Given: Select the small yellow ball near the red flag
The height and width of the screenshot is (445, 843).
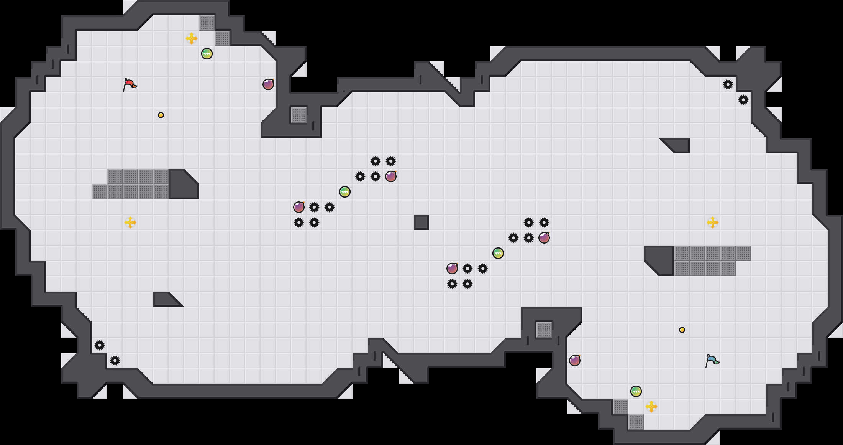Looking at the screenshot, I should [161, 115].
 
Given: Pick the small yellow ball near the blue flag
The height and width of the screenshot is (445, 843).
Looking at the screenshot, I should [682, 330].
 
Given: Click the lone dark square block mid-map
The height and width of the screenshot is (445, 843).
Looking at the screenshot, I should [421, 222].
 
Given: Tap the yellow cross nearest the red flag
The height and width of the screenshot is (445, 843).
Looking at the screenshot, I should [192, 38].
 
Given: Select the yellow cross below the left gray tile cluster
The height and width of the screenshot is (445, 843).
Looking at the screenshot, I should [130, 222].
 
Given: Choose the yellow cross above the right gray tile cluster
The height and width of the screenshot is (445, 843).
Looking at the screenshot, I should [713, 222].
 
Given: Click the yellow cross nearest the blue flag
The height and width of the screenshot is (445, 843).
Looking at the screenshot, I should [651, 407].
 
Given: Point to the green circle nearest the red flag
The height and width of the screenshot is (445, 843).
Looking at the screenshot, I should [207, 54].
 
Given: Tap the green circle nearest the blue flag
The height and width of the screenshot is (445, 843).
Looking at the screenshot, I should [636, 391].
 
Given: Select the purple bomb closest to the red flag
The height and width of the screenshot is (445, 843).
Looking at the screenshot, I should [268, 84].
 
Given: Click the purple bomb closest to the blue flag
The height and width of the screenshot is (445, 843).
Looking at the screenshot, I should [575, 361].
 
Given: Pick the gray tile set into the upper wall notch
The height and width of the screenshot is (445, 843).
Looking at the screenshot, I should [299, 115].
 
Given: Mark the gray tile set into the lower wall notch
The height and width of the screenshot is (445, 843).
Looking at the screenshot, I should [544, 330].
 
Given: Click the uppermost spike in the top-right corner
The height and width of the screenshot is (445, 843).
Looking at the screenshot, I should [728, 84].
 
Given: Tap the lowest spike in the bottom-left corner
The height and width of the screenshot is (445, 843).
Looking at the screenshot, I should [115, 361].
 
